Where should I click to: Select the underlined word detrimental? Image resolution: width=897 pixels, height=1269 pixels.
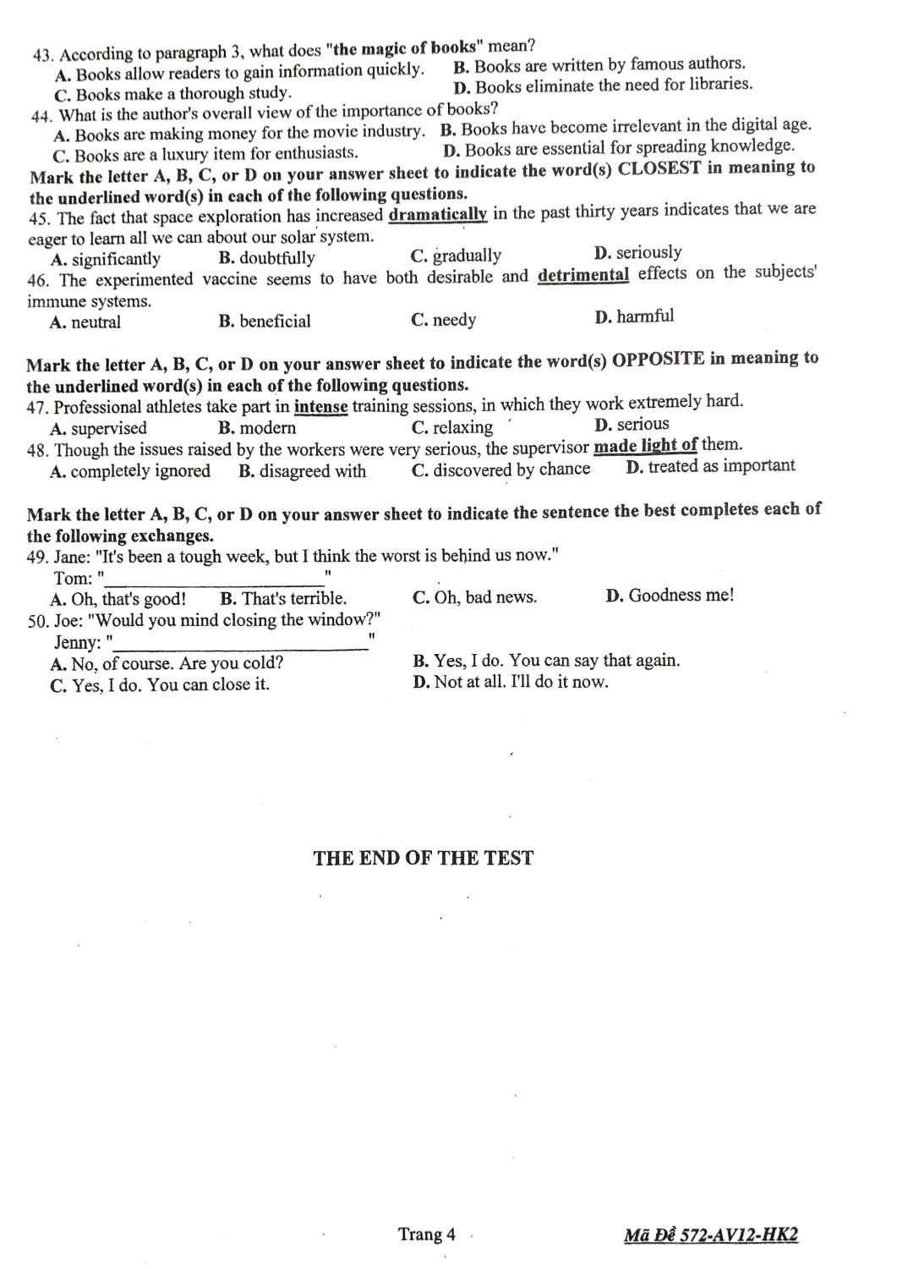point(583,275)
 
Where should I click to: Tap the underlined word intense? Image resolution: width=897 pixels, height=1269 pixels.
point(320,407)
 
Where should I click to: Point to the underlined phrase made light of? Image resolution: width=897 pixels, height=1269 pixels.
point(645,445)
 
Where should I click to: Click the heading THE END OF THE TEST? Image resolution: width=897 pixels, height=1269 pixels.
point(423,858)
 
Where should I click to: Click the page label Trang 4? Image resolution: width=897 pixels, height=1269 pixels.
point(426,1234)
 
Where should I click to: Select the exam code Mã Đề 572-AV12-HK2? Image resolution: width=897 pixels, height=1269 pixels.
point(710,1235)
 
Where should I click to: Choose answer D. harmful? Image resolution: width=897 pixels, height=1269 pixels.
point(634,317)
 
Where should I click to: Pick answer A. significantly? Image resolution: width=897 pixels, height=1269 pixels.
point(106,259)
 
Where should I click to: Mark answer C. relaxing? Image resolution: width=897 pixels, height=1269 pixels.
point(451,427)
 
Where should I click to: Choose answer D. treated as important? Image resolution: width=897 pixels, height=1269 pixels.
point(710,466)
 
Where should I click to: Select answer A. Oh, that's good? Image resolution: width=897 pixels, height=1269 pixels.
point(118,600)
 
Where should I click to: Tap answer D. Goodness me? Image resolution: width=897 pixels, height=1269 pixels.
point(670,596)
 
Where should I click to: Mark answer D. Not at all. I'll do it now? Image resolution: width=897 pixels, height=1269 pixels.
point(511,682)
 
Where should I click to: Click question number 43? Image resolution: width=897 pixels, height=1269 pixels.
point(43,55)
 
